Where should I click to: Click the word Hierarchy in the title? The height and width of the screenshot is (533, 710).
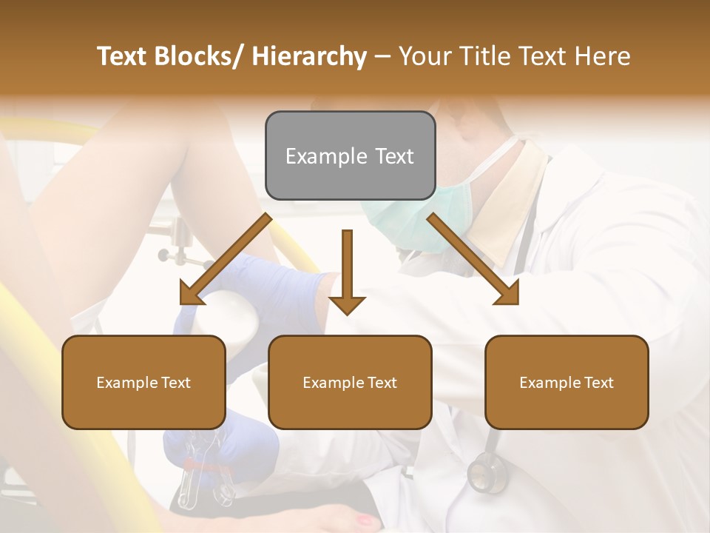tap(309, 56)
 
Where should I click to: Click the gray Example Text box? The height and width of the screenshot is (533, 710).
tap(350, 155)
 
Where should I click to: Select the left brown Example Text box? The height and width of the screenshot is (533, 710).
tap(143, 382)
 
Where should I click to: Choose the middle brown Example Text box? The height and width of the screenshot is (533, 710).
tap(350, 382)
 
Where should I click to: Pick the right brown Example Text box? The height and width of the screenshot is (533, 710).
tap(567, 382)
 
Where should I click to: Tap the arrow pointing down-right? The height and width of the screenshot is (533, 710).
tap(473, 259)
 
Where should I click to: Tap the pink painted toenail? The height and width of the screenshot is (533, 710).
tap(365, 520)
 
